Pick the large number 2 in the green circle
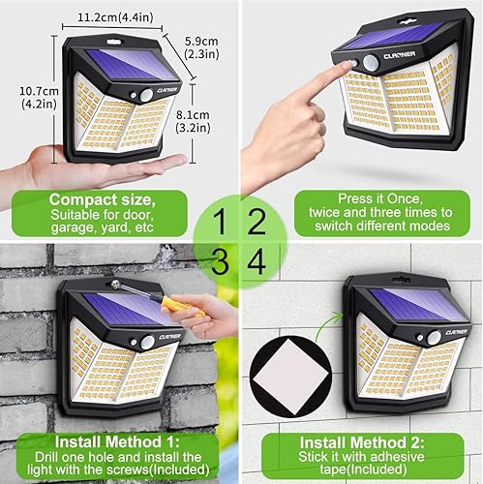[x=257, y=224]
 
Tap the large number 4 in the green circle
[x=257, y=262]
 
